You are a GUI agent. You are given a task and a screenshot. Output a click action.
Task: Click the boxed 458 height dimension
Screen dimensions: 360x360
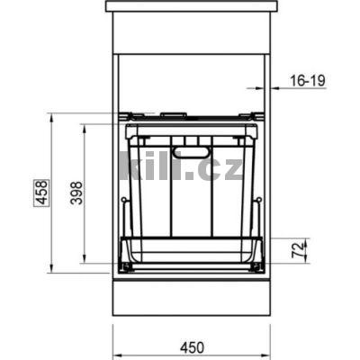[x=41, y=193]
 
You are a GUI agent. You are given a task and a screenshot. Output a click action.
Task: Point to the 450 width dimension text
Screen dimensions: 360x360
[x=191, y=345]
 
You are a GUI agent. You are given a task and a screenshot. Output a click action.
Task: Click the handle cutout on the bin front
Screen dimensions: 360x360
[x=190, y=152]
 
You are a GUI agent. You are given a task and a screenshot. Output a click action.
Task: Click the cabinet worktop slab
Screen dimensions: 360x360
[x=191, y=6]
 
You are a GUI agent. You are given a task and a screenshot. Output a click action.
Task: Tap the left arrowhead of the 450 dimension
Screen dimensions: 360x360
[x=116, y=330]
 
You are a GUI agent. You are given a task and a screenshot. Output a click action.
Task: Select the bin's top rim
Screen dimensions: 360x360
[x=191, y=131]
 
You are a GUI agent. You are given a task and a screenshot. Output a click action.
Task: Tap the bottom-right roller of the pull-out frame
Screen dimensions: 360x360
[x=258, y=266]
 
